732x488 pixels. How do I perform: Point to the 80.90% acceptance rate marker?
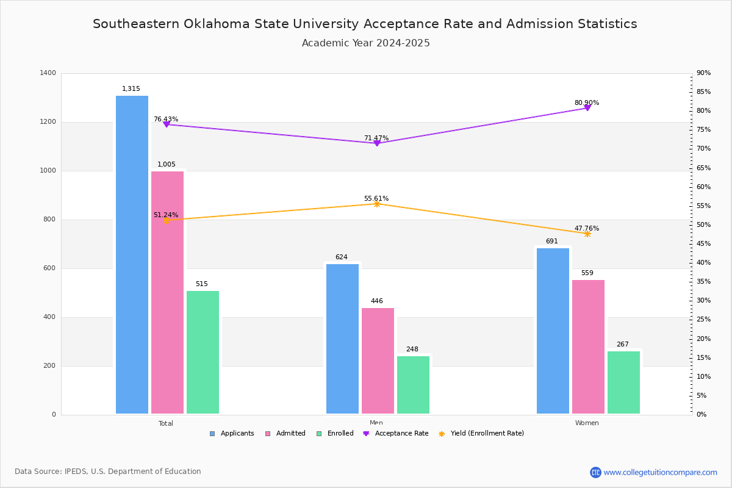coord(587,108)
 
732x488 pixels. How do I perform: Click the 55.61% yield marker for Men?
coord(377,204)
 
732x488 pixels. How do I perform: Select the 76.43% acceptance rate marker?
coord(167,124)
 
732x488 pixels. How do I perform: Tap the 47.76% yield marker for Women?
coord(587,234)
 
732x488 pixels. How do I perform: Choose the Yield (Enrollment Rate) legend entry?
coord(487,434)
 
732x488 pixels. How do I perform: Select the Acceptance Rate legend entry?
coord(401,434)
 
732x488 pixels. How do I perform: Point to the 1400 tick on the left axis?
coord(48,73)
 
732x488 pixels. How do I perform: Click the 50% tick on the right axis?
coord(703,225)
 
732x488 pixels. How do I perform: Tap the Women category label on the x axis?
coord(587,423)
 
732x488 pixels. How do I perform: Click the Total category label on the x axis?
coord(166,423)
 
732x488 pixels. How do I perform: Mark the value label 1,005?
coord(167,165)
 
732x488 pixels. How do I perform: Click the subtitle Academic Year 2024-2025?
coord(366,43)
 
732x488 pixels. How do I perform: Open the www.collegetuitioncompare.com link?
coord(660,472)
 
